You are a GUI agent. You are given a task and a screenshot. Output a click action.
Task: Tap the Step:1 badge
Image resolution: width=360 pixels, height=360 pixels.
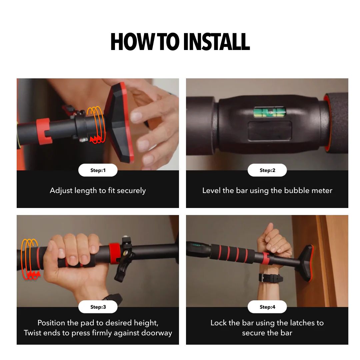pos(98,170)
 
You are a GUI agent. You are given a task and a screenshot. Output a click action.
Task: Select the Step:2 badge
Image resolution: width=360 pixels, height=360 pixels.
pos(267,170)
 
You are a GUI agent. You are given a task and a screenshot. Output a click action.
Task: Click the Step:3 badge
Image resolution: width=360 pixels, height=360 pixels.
pos(98,307)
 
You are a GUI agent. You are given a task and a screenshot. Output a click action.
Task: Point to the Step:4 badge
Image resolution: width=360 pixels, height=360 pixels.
pos(267,307)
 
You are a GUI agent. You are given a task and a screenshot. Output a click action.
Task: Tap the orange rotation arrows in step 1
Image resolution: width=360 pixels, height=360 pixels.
pos(96,125)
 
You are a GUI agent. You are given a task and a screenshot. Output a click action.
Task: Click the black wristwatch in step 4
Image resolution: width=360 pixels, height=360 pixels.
pos(271,278)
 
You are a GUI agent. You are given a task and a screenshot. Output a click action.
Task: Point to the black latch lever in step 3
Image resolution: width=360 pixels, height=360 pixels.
pos(121,271)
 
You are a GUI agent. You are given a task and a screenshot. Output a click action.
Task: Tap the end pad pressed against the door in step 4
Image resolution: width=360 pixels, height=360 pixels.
pos(307,263)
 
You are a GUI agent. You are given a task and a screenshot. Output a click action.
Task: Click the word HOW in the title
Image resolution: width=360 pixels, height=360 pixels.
pos(127,42)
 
